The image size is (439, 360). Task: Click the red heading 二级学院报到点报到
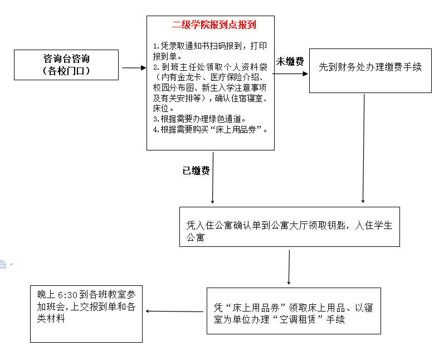214,25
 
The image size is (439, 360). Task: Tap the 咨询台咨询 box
66,65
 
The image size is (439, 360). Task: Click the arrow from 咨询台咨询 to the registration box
134,68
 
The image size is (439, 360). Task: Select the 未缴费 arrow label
290,61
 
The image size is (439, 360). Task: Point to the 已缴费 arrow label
196,171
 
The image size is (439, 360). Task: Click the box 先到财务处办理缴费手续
370,71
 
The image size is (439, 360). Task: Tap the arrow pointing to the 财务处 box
290,74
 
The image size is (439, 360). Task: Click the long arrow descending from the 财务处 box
363,148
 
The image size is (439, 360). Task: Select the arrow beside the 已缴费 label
213,178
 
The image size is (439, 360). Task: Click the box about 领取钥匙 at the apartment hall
290,227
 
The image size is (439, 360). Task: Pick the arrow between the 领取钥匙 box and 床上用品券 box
289,267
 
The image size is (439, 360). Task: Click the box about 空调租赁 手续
294,311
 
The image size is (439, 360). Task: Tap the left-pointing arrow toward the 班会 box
174,312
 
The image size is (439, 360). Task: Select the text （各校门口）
66,71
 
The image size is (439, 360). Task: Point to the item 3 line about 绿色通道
199,119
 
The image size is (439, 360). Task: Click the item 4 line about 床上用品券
210,130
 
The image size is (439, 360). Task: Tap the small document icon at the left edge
3,264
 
